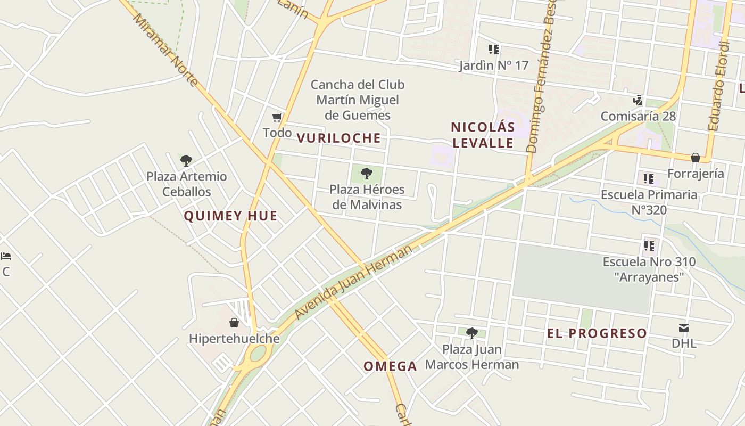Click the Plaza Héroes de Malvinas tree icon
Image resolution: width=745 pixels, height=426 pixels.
(x=366, y=173)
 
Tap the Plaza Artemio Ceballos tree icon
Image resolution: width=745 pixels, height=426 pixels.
(x=186, y=160)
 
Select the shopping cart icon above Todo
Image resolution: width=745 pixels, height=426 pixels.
(x=277, y=117)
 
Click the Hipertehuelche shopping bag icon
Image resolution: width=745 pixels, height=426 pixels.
(x=234, y=323)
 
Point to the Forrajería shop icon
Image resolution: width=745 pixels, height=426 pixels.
(x=695, y=158)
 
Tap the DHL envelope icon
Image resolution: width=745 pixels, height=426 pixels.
(x=684, y=327)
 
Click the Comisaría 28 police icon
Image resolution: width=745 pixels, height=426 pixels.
(x=638, y=100)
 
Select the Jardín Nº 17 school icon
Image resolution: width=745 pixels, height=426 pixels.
(x=494, y=50)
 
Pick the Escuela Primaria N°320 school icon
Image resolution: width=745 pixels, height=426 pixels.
(x=648, y=178)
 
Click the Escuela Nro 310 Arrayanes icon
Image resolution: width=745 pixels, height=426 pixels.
(x=649, y=245)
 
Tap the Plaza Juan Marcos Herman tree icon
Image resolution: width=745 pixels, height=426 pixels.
(x=471, y=333)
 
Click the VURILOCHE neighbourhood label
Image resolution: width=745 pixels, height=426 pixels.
(x=339, y=138)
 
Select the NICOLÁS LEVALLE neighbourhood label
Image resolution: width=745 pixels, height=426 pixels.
(x=483, y=135)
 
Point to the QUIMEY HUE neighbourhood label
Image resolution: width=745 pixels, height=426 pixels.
(x=230, y=216)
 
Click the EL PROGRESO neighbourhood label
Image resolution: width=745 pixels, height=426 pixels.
(x=597, y=333)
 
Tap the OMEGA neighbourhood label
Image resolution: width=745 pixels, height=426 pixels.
(x=390, y=366)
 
